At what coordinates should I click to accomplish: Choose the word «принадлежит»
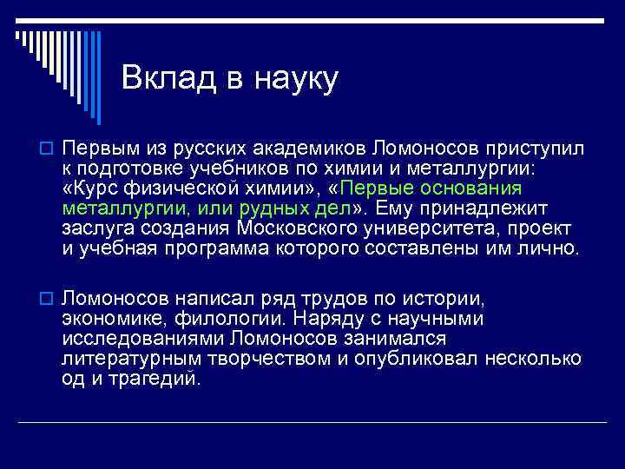(x=488, y=208)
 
